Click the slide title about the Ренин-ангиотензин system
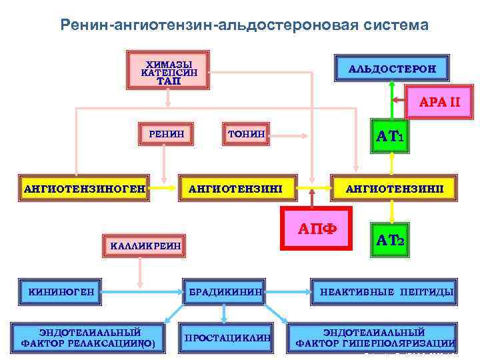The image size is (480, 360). (x=244, y=25)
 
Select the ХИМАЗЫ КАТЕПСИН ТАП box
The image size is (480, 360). (x=168, y=69)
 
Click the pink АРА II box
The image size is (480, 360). (x=439, y=102)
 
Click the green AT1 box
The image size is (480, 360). (x=393, y=137)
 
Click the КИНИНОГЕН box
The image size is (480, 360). (x=60, y=291)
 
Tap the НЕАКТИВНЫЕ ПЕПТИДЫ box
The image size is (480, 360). (x=387, y=292)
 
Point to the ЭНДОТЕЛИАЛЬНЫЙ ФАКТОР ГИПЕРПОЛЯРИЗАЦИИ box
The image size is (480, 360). (x=374, y=337)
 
